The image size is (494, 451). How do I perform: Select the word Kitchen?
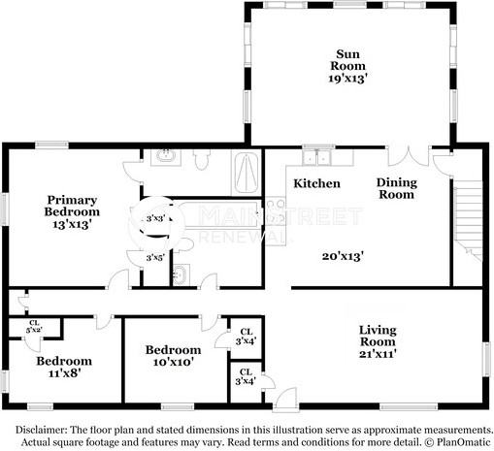pyautogui.click(x=316, y=183)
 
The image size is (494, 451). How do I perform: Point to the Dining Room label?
pyautogui.click(x=396, y=188)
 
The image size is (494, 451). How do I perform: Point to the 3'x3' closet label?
pyautogui.click(x=154, y=219)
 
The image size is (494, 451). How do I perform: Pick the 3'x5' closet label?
pyautogui.click(x=154, y=258)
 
